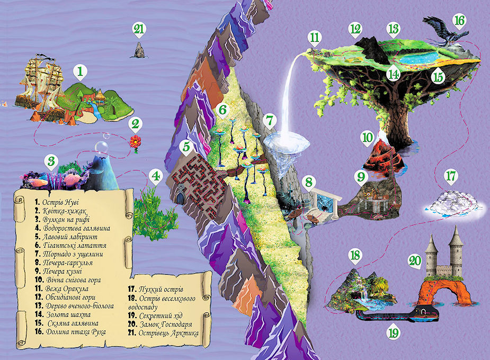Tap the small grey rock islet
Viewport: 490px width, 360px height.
click(139, 51)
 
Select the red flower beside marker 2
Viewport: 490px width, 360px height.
click(136, 142)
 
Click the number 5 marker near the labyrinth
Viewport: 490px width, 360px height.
click(184, 145)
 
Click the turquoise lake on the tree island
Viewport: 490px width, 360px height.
click(418, 57)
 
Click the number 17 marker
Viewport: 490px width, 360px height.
click(450, 175)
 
